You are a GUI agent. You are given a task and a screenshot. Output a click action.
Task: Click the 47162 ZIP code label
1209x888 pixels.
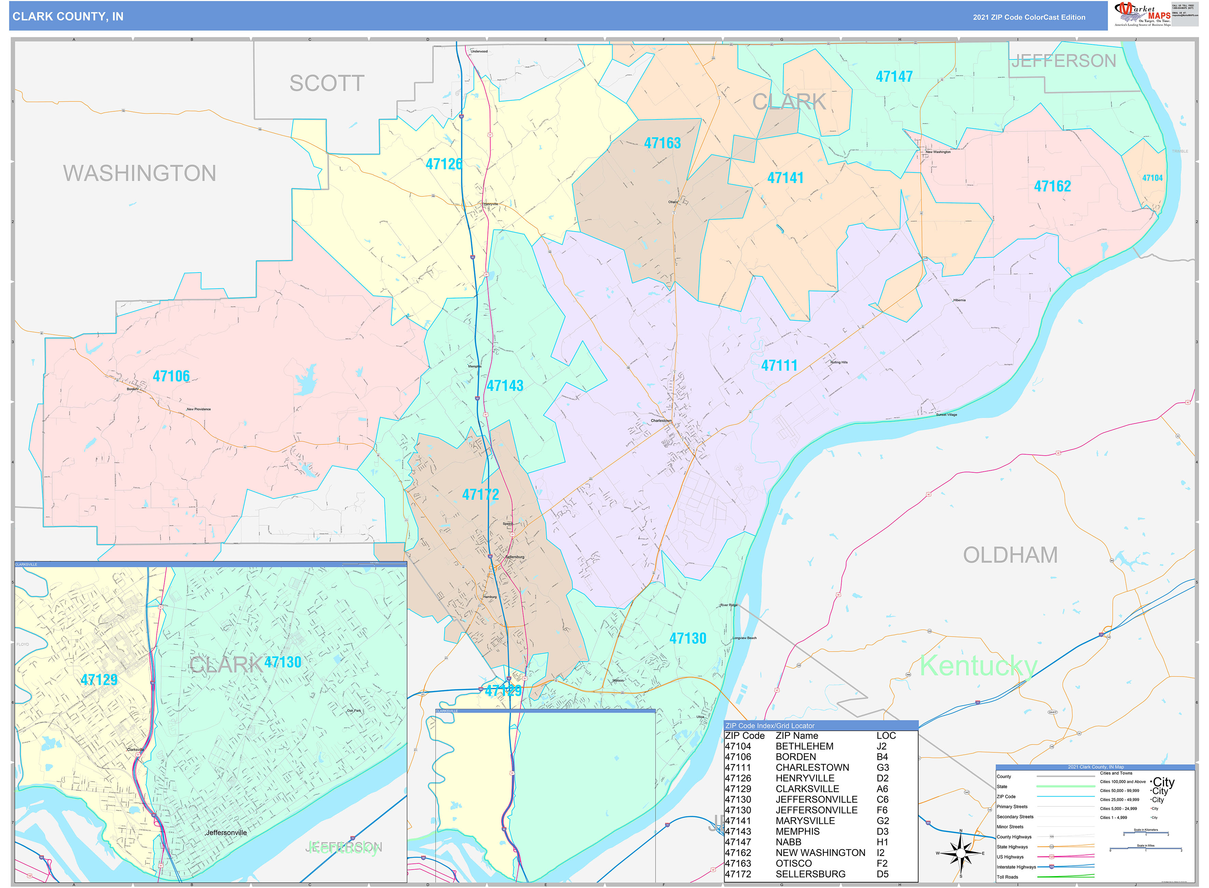[x=1052, y=186]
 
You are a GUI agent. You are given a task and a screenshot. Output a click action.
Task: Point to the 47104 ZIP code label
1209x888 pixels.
[x=1152, y=178]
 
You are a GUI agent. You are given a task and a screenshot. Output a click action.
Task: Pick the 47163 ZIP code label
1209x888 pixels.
[x=662, y=143]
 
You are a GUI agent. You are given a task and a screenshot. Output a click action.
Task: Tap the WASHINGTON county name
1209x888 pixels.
[x=140, y=174]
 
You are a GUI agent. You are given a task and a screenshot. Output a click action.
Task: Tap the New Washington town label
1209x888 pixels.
[x=938, y=152]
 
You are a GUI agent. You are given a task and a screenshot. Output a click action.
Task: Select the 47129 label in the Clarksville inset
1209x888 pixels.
[x=99, y=680]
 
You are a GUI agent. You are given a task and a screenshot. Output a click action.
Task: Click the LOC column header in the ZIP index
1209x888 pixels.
[x=886, y=736]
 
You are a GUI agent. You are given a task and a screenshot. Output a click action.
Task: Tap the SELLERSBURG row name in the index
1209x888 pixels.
[x=810, y=874]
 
